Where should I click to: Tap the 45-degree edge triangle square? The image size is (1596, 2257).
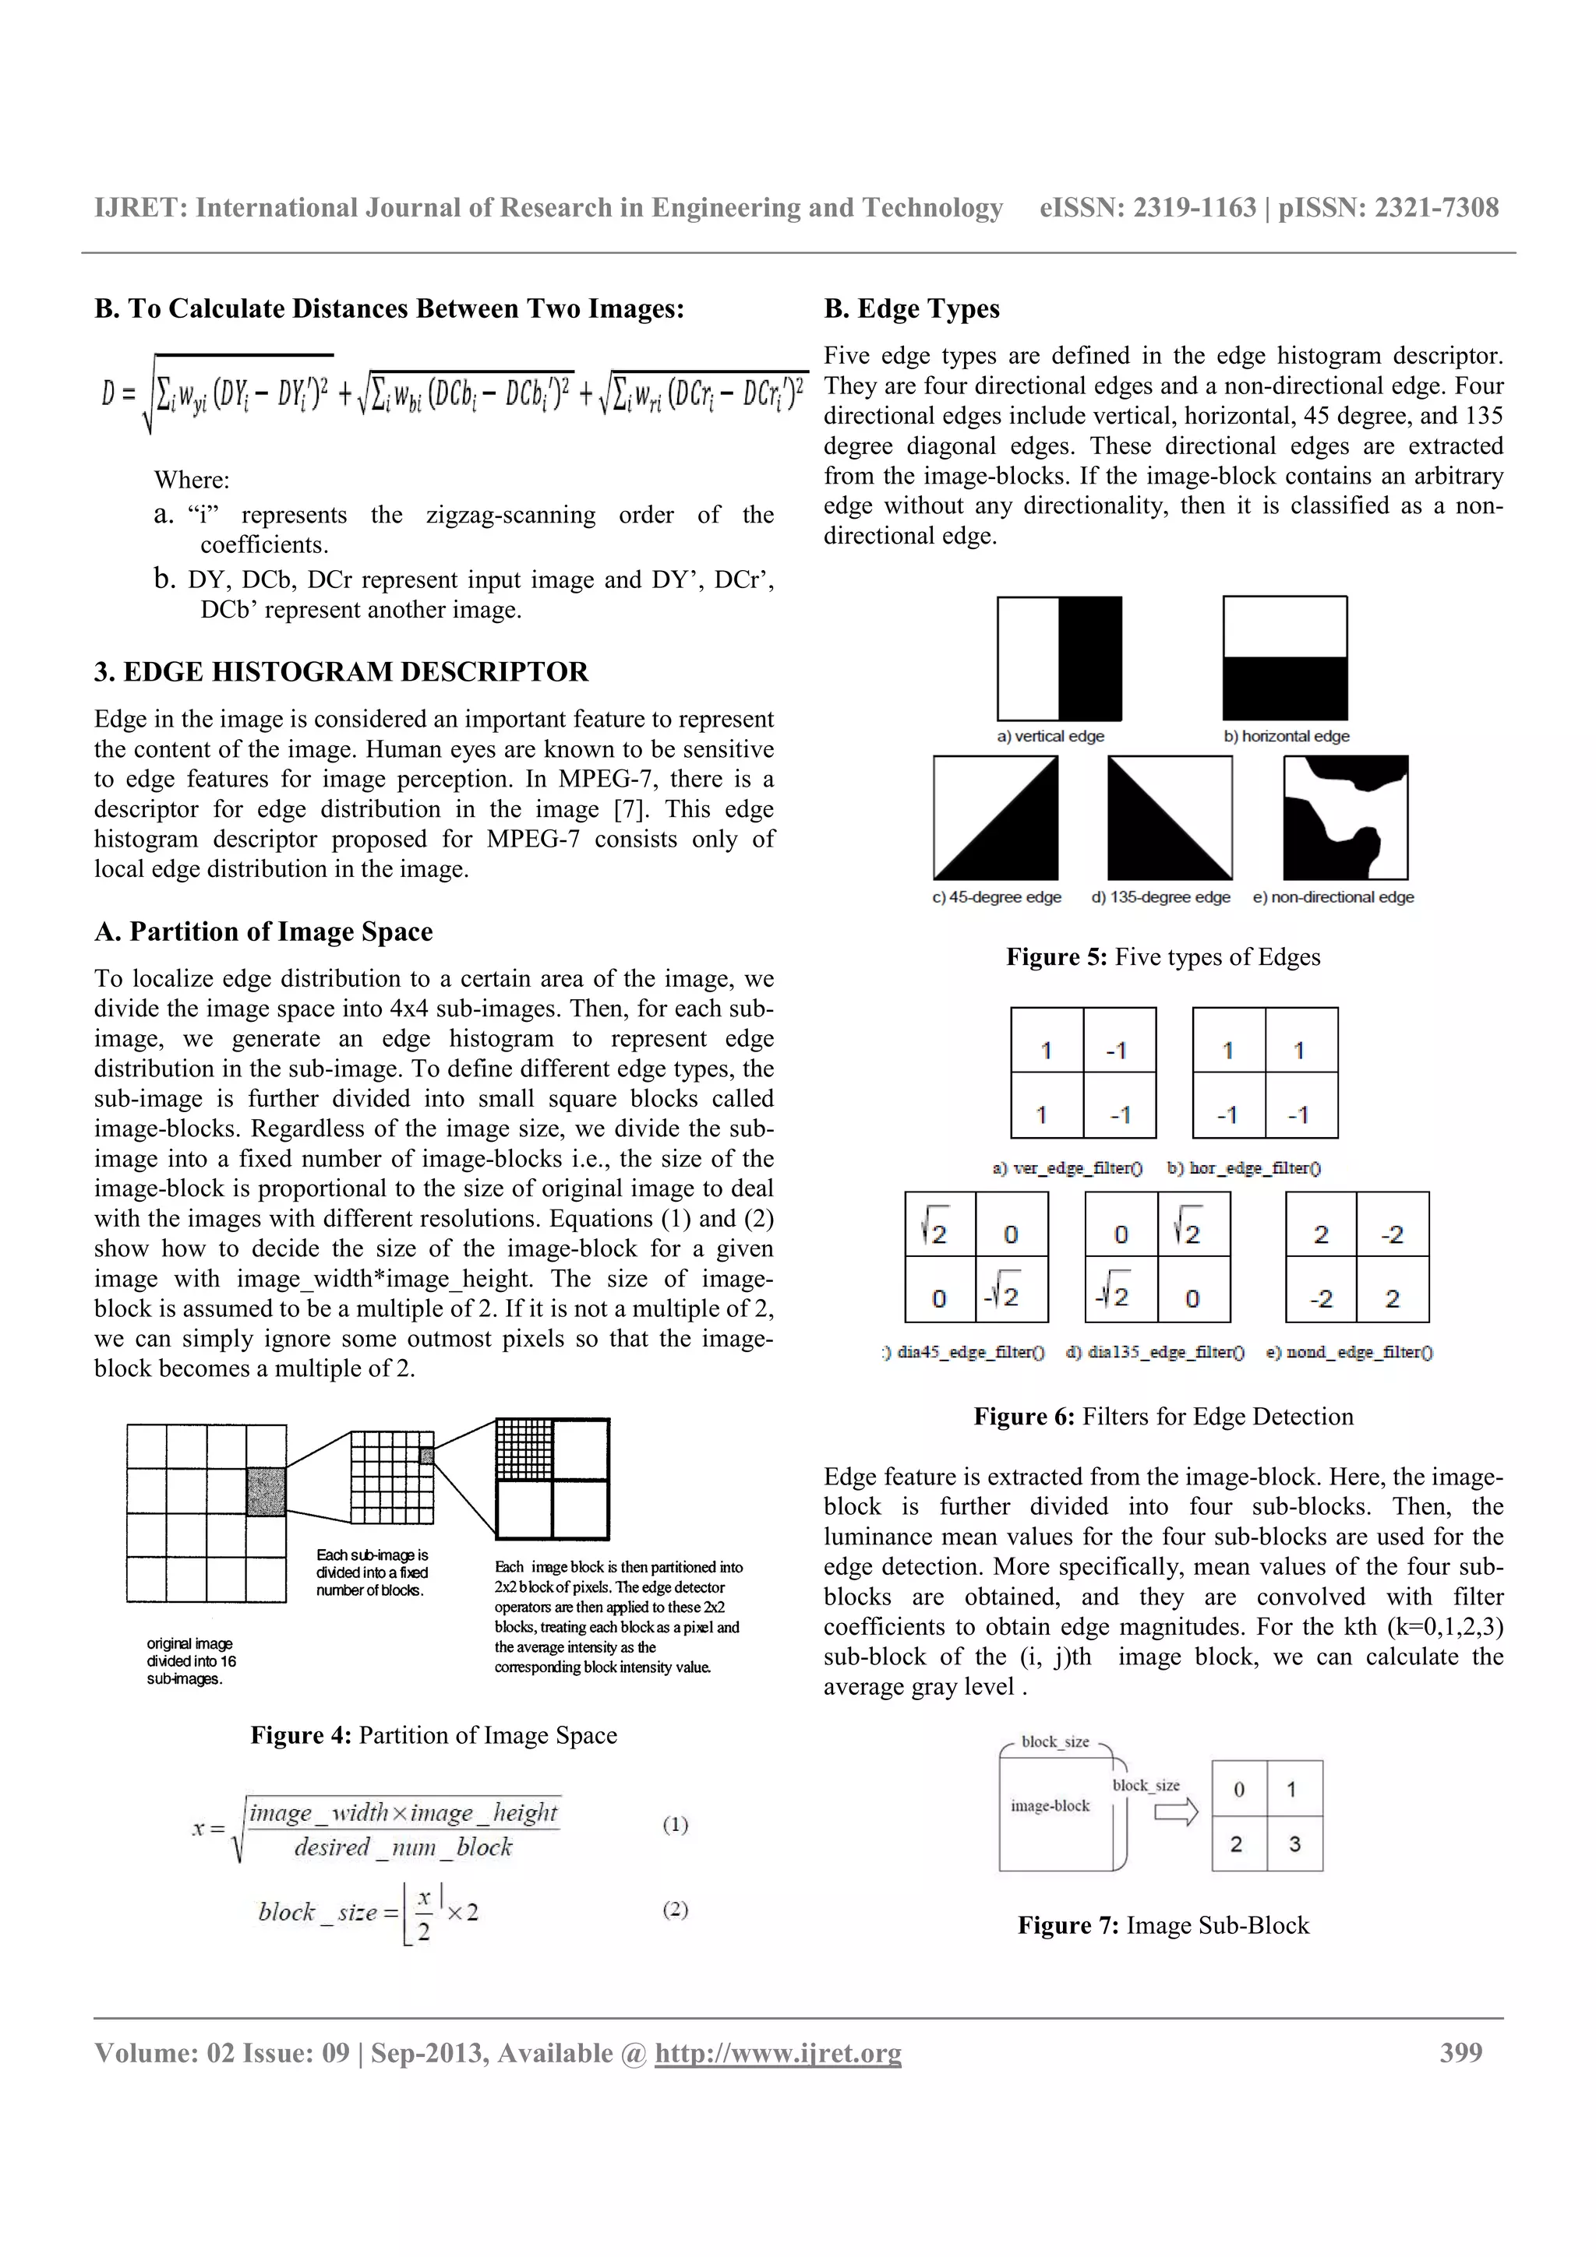[995, 817]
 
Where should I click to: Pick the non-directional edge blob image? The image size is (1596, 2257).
[1345, 817]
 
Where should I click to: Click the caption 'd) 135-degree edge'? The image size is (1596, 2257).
[1160, 896]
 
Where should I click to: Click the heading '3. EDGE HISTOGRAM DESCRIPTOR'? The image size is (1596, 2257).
[341, 671]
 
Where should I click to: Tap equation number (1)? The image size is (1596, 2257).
[675, 1825]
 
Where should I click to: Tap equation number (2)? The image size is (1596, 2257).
[675, 1909]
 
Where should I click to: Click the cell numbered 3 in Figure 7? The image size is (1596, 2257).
[1294, 1844]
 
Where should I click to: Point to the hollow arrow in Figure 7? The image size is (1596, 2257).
[1175, 1812]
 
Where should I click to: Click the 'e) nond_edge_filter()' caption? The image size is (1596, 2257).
[1348, 1353]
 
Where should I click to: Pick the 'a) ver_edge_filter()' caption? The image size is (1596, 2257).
[1067, 1167]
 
